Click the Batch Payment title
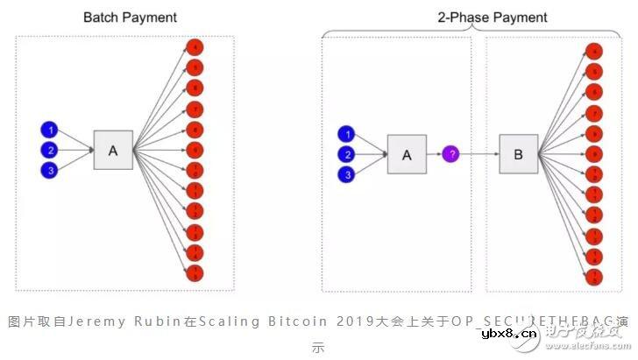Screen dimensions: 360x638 (130, 18)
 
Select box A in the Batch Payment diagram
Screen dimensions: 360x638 (112, 151)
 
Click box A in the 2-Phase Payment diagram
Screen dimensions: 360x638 (407, 155)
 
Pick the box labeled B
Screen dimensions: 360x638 (517, 155)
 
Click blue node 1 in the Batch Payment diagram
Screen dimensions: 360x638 (50, 131)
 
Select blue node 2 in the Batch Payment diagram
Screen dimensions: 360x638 (50, 150)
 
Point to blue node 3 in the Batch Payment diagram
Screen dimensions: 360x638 (50, 170)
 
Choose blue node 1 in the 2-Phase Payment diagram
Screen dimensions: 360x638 (349, 134)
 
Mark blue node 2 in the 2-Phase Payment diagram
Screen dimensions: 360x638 (349, 154)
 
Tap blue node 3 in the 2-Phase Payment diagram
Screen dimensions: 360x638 (349, 174)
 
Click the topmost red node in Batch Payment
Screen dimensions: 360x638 (196, 47)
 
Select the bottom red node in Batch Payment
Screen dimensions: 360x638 (196, 273)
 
